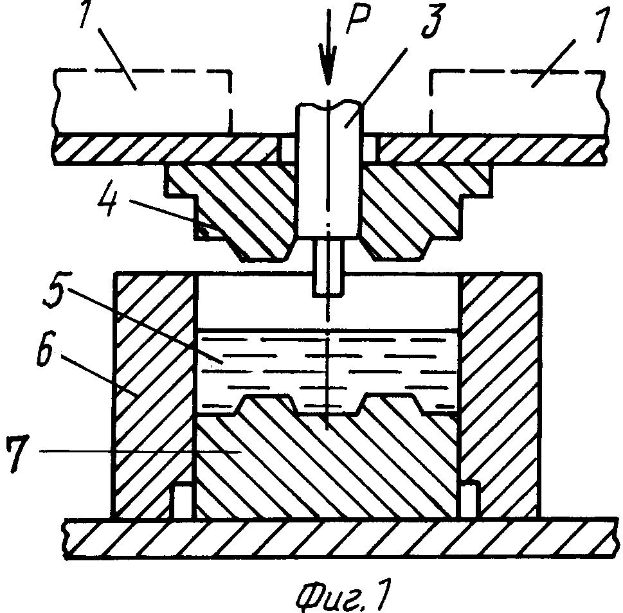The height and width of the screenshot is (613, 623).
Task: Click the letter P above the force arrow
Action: pyautogui.click(x=358, y=19)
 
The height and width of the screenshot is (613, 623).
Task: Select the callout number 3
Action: pyautogui.click(x=433, y=21)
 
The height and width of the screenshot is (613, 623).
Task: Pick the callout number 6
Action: pyautogui.click(x=47, y=351)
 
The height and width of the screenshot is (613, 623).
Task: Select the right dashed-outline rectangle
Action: pyautogui.click(x=518, y=102)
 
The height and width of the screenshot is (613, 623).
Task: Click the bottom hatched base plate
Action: pyautogui.click(x=340, y=538)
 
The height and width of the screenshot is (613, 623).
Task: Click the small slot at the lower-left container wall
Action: pyautogui.click(x=181, y=501)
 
